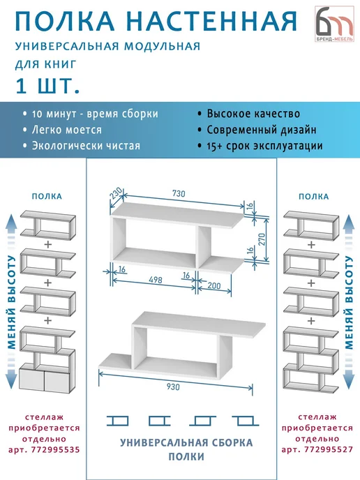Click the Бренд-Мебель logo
click(334, 24)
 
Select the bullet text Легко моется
click(67, 130)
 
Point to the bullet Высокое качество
click(253, 114)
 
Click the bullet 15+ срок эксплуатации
click(265, 146)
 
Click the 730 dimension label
click(179, 193)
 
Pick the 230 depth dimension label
click(115, 193)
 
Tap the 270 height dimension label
click(262, 239)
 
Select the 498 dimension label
click(155, 280)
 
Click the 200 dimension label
click(214, 285)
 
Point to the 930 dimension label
click(173, 387)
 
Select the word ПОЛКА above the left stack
click(47, 196)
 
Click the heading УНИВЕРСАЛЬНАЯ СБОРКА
click(186, 442)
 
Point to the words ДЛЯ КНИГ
click(46, 64)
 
